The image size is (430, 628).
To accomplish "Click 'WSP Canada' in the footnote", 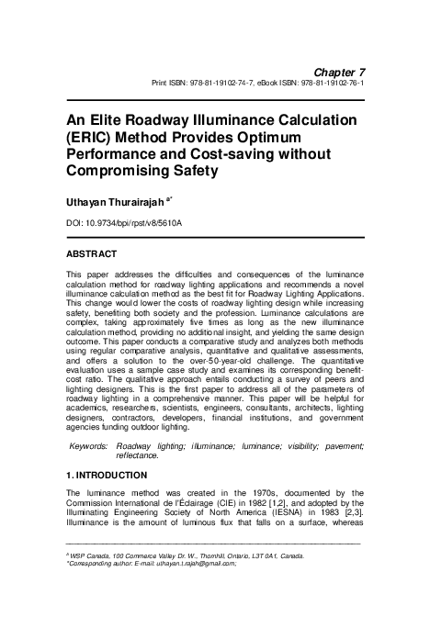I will tap(92, 555).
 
